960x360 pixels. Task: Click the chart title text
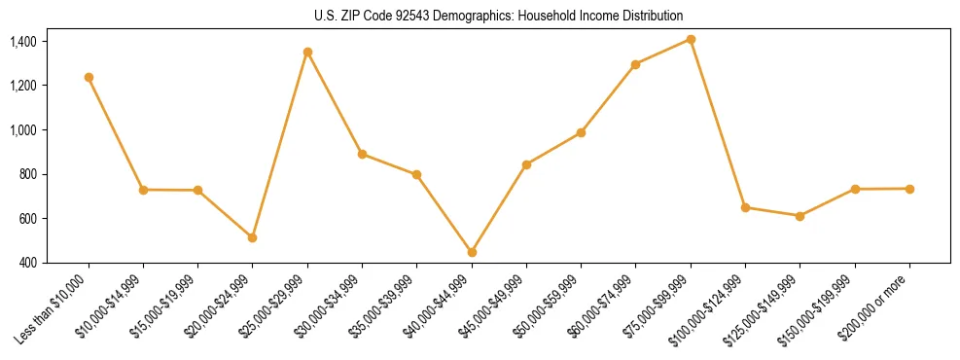(499, 16)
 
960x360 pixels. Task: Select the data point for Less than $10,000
(89, 77)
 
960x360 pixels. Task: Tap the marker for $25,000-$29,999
(307, 52)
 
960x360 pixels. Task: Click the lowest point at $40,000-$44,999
(472, 252)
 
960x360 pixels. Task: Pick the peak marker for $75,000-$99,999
(691, 39)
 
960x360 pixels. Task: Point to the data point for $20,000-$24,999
(253, 237)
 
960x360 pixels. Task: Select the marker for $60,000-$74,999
(636, 64)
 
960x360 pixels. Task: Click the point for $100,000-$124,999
(745, 207)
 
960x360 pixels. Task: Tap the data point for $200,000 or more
(909, 189)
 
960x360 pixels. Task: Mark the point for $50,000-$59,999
(581, 132)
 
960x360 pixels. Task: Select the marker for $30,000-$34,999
(362, 154)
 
